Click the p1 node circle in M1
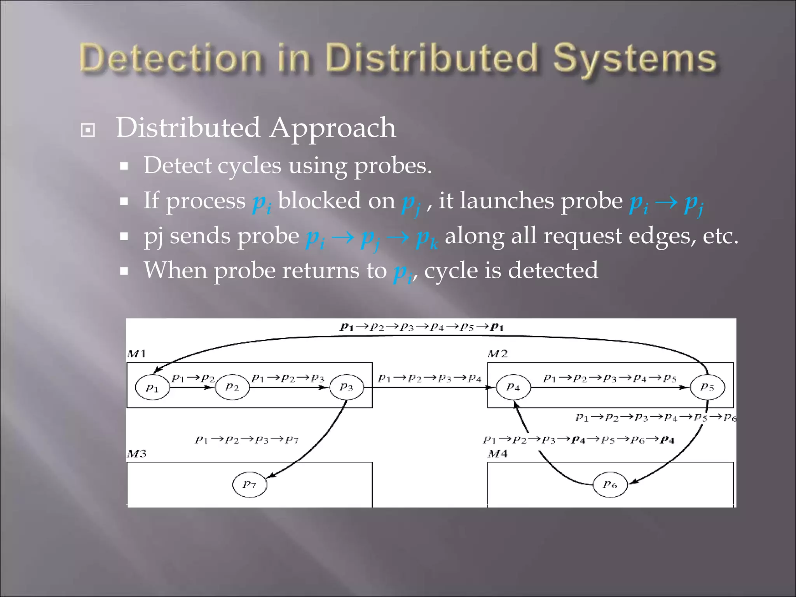tap(152, 387)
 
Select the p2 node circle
tap(232, 387)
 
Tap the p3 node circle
tap(346, 387)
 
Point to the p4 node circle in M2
tap(513, 387)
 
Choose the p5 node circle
tap(707, 387)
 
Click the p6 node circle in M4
tap(610, 484)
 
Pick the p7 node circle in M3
tap(250, 484)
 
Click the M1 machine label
tap(136, 354)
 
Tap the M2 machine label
tap(497, 354)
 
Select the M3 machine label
tap(136, 454)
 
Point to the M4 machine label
tap(497, 454)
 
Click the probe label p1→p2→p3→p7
tap(247, 440)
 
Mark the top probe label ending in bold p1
tap(422, 327)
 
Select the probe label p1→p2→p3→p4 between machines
tap(430, 378)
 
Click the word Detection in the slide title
tap(170, 59)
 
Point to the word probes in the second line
tap(393, 166)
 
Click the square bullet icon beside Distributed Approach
tap(88, 130)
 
